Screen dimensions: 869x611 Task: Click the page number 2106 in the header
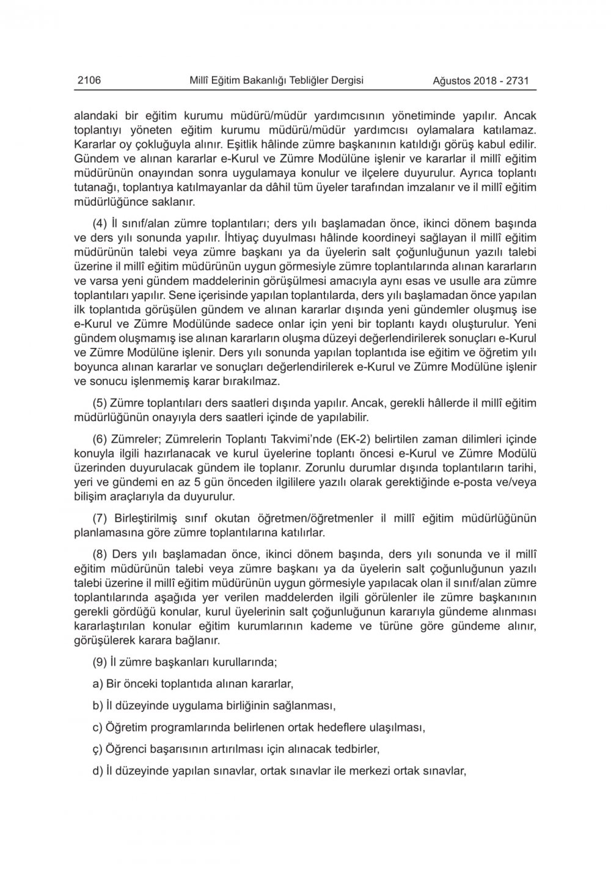pos(89,80)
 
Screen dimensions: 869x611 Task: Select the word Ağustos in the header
pos(453,81)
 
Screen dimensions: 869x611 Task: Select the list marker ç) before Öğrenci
pos(98,748)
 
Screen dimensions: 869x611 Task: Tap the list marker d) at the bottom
pos(98,771)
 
